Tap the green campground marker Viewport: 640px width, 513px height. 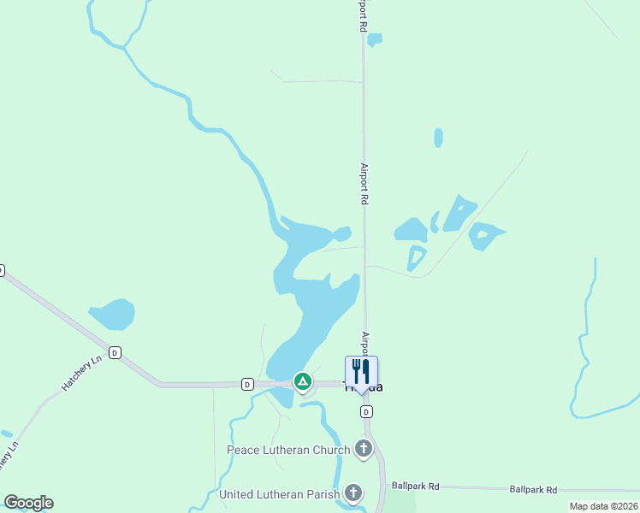tap(302, 380)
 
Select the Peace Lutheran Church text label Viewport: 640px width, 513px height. tap(287, 450)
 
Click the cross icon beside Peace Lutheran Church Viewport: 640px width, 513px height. tap(364, 448)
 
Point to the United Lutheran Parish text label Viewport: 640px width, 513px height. tap(279, 494)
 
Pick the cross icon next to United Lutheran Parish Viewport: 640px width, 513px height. tap(353, 492)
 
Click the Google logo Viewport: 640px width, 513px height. tap(28, 502)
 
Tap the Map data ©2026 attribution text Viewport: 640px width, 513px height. tap(603, 506)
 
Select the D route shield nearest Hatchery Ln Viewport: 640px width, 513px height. tap(115, 352)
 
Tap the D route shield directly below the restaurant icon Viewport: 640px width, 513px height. tap(366, 411)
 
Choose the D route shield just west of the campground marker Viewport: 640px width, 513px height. tap(246, 384)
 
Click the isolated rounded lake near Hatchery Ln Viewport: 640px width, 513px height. tap(112, 314)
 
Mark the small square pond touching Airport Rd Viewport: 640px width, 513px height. tap(374, 39)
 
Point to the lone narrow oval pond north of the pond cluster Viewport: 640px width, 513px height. tap(438, 138)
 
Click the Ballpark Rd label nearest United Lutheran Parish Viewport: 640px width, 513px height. tap(415, 486)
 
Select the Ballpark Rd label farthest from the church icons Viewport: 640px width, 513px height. tap(533, 489)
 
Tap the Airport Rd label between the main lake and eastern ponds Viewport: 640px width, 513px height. tap(364, 183)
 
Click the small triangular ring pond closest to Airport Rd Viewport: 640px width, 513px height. tap(417, 256)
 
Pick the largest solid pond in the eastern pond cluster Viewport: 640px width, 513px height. tap(412, 230)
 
